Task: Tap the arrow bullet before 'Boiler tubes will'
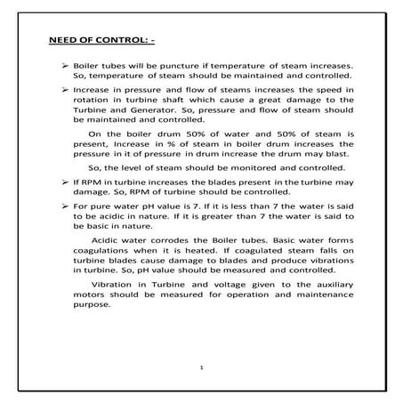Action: tap(63, 68)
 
